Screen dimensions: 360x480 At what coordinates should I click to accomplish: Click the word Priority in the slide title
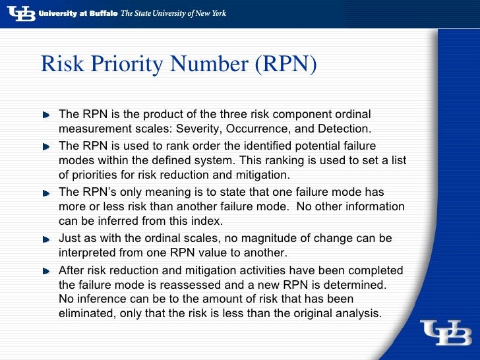click(x=129, y=65)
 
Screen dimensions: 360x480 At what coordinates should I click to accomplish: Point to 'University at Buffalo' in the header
click(x=78, y=13)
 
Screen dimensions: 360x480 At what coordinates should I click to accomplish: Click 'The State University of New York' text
click(x=173, y=13)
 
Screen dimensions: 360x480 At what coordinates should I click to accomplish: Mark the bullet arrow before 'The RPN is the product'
click(x=47, y=115)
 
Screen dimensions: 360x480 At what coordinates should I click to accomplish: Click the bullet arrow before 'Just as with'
click(x=47, y=238)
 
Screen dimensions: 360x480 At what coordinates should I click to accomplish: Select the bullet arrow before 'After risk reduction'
click(x=47, y=271)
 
